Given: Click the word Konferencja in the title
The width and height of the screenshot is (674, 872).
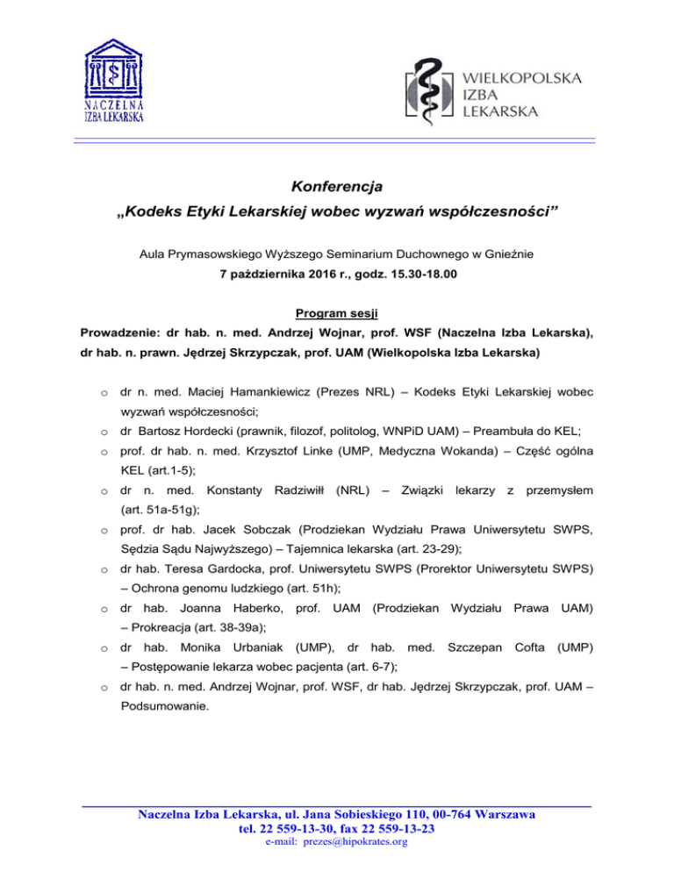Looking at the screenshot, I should pyautogui.click(x=337, y=187).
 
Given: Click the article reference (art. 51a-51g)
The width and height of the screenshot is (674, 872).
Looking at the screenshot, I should pyautogui.click(x=159, y=511).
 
